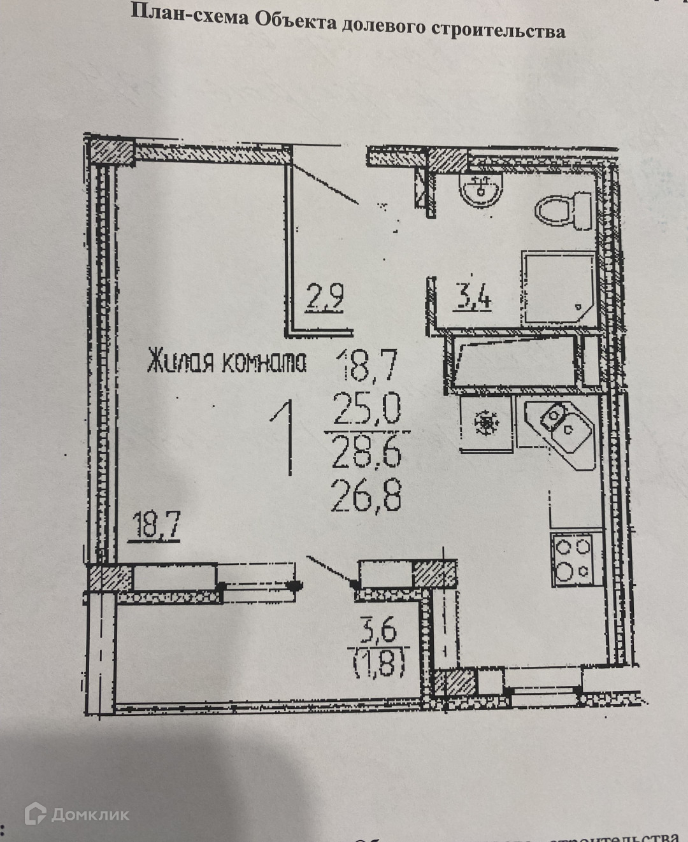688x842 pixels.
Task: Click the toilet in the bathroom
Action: point(564,210)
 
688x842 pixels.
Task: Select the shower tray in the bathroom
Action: point(559,288)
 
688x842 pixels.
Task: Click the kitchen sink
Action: point(563,431)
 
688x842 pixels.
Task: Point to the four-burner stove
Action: point(572,559)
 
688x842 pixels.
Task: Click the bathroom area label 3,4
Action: point(471,297)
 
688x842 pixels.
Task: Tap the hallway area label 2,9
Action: point(325,297)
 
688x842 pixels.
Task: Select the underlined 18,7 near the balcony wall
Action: point(154,526)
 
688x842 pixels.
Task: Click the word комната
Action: point(264,362)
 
